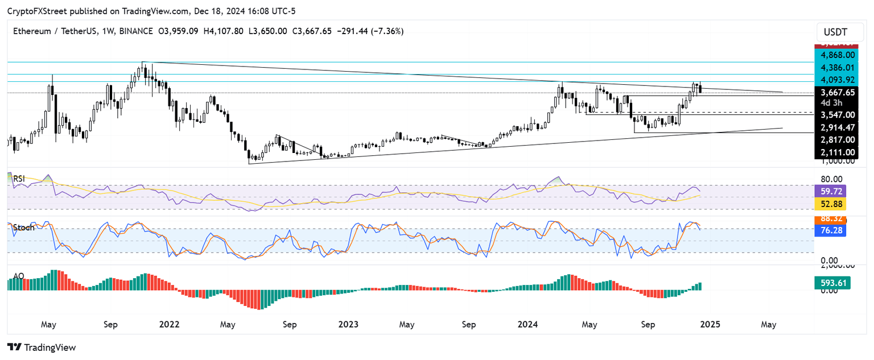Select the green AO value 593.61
pos(832,282)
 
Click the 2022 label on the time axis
pos(170,325)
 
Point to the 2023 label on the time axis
pos(348,325)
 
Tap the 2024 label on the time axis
pos(529,325)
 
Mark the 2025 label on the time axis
pos(710,325)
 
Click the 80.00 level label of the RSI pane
pos(832,179)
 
